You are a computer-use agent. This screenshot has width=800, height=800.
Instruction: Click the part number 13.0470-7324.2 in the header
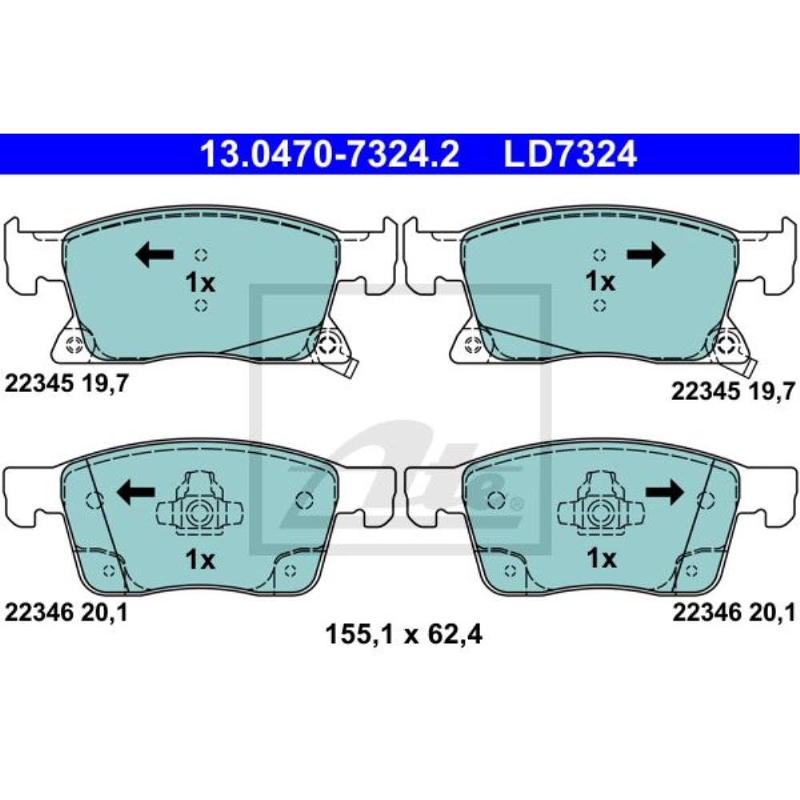[330, 154]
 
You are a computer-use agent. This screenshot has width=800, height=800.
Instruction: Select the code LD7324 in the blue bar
[570, 154]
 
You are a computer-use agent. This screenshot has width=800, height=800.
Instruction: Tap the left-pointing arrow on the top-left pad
[154, 254]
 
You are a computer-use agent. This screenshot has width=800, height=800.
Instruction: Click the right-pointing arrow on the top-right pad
[646, 254]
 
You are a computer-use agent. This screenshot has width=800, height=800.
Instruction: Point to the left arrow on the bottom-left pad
[136, 492]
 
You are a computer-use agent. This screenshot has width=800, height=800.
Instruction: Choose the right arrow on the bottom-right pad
[664, 492]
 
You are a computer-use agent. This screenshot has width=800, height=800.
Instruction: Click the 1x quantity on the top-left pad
[200, 282]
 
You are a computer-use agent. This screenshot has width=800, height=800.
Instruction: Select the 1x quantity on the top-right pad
[601, 282]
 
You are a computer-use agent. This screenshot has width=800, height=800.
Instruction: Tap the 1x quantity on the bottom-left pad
[200, 560]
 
